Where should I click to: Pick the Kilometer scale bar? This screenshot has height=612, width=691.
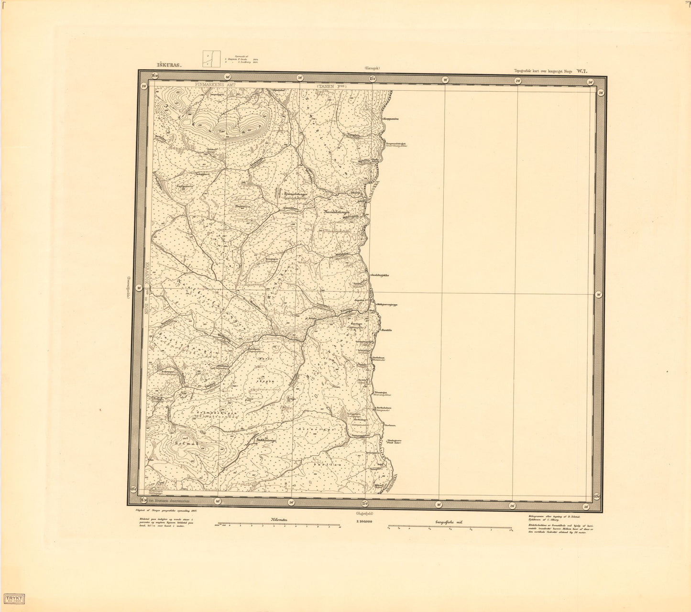278,527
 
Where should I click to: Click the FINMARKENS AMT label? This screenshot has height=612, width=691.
216,83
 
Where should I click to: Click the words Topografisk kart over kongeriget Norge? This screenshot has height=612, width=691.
543,71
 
